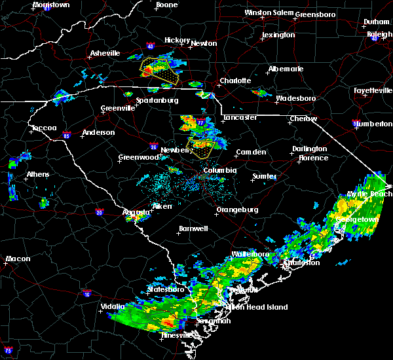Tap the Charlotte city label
[235, 81]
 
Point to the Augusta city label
[137, 212]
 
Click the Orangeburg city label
[236, 210]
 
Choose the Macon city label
[18, 259]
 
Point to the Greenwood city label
[139, 158]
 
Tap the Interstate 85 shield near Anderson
[66, 135]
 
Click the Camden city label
[252, 152]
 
